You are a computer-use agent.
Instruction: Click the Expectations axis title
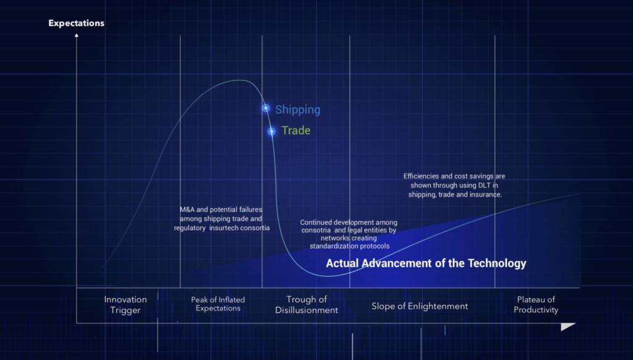76,23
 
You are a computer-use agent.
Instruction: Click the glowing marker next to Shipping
266,108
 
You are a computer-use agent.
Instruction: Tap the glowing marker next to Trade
272,131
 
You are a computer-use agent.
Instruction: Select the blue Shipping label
297,109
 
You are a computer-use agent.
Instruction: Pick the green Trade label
296,131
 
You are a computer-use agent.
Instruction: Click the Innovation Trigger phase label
125,305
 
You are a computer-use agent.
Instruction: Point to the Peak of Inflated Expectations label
218,304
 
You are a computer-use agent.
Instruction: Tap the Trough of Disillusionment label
307,305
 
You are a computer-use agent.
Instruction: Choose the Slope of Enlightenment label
420,306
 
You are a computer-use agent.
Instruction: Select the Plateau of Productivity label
536,305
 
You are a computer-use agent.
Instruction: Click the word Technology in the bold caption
497,264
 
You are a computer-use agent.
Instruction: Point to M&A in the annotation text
187,209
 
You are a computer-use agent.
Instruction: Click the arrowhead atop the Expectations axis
76,35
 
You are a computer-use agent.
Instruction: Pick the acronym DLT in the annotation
484,186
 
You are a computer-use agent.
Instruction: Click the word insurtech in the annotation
224,228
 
